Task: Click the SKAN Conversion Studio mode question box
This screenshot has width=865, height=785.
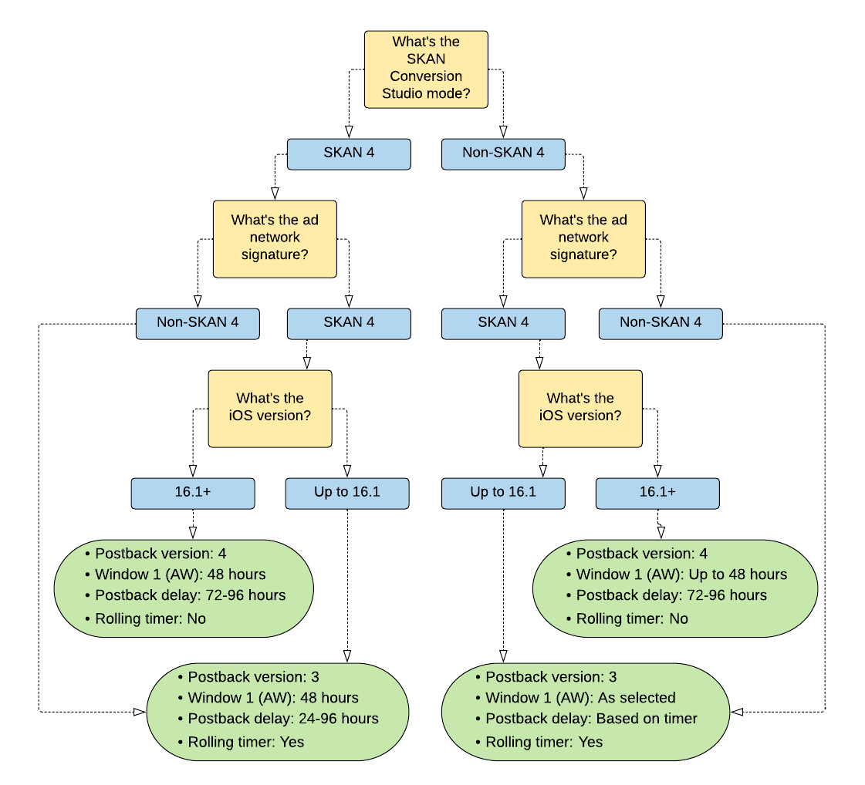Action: [426, 69]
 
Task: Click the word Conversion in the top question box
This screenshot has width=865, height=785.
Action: [426, 76]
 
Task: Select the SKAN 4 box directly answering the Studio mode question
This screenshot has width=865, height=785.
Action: [349, 153]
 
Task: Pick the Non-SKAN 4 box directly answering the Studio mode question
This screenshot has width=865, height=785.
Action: [503, 153]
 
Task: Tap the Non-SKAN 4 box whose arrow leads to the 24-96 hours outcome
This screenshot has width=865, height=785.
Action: [198, 324]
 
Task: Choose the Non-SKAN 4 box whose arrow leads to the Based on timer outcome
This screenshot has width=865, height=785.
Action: [661, 324]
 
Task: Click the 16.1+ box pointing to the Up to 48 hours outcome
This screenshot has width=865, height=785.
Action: [657, 494]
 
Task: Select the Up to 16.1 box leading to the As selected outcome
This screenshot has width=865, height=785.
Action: [503, 494]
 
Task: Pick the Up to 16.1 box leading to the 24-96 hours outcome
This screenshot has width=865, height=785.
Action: [347, 494]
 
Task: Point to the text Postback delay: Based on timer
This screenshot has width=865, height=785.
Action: [591, 719]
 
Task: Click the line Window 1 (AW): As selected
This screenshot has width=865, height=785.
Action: [580, 698]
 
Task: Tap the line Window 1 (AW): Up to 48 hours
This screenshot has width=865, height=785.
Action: [681, 574]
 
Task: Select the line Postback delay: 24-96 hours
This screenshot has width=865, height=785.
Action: [283, 719]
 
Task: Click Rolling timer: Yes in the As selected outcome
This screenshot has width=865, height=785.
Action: [544, 742]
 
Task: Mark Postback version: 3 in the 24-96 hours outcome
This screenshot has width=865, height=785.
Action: [253, 677]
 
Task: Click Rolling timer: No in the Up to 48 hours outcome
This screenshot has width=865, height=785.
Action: [632, 618]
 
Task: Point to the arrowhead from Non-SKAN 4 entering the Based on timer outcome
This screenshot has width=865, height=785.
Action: [736, 712]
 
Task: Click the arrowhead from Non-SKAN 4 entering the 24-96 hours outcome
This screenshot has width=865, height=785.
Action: [140, 712]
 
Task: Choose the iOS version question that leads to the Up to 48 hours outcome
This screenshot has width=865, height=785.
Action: [580, 409]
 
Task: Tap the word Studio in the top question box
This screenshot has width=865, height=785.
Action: [401, 93]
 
